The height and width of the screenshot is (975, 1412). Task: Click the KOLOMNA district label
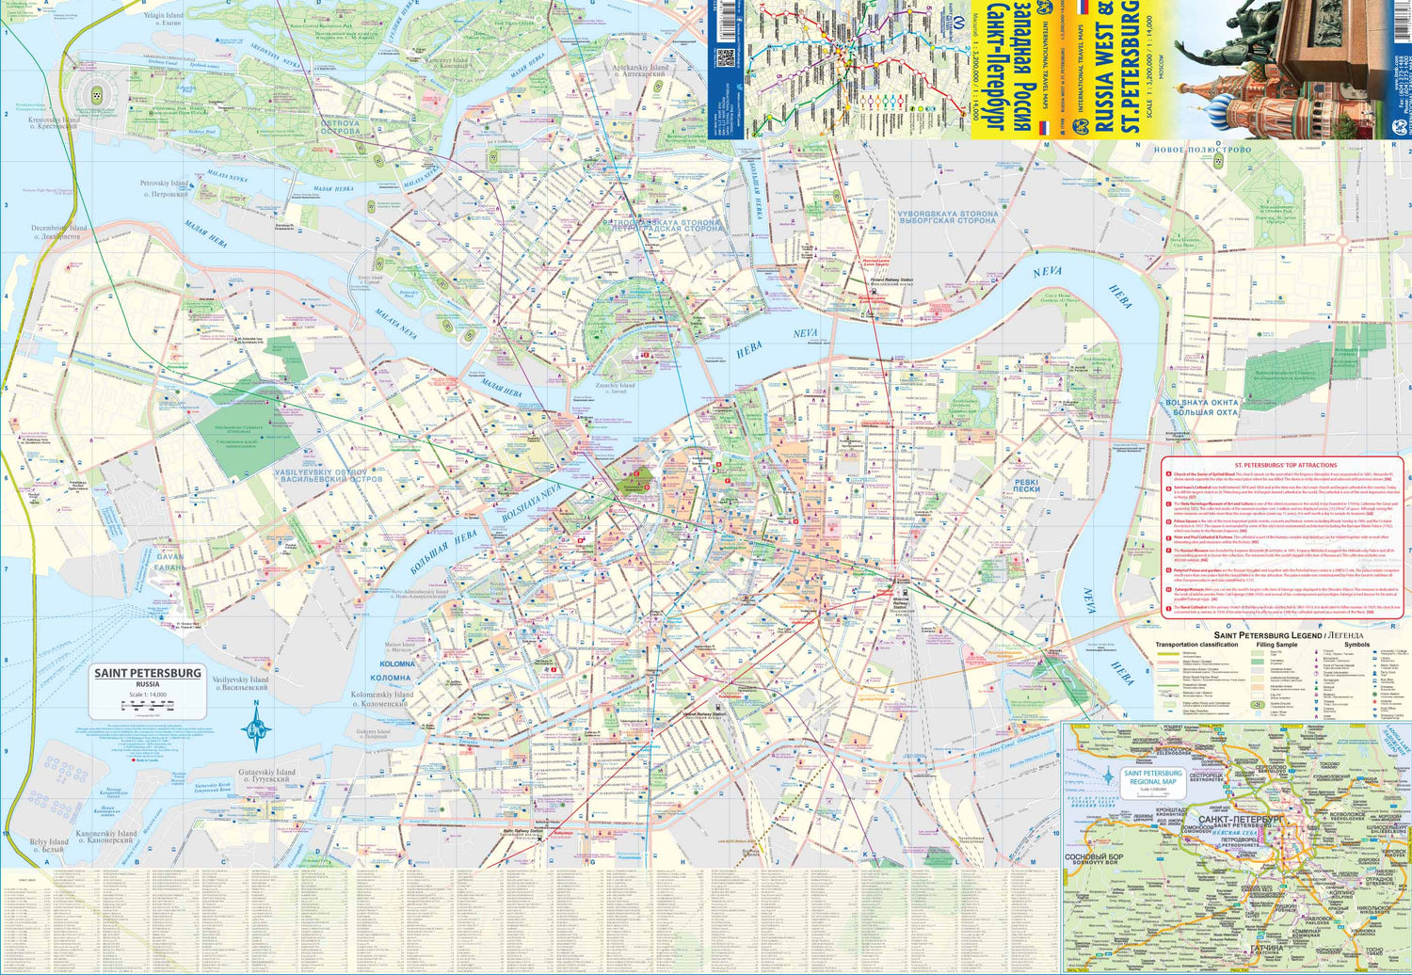(x=391, y=671)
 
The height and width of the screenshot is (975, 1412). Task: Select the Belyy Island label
(x=48, y=846)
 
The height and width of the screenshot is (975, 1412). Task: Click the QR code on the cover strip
(x=725, y=56)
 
